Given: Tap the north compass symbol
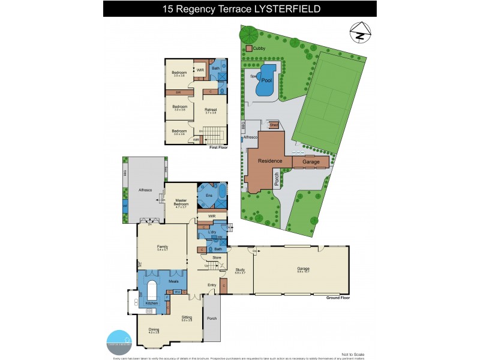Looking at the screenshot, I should click(359, 34).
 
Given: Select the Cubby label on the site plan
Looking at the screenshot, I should click(259, 47).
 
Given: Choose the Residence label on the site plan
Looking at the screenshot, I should click(270, 162).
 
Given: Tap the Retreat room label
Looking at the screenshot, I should click(211, 110).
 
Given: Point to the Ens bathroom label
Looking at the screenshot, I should click(209, 196).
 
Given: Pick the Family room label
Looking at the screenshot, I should click(162, 247).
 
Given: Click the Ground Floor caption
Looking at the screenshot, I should click(337, 298).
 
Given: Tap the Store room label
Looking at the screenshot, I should click(217, 258).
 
